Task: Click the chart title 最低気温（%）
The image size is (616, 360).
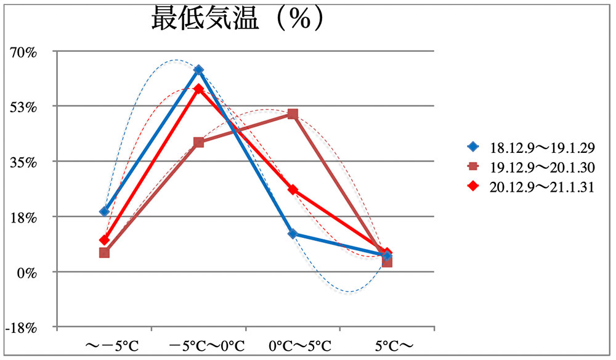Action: point(237,19)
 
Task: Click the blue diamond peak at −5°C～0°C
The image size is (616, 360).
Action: point(198,70)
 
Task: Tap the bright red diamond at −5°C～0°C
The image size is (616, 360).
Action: point(198,89)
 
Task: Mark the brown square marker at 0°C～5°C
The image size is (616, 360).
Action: point(293,114)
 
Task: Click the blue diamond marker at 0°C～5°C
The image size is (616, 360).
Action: point(293,234)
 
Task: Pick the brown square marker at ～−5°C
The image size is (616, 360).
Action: point(104,253)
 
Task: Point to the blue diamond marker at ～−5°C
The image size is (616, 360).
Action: point(104,211)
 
